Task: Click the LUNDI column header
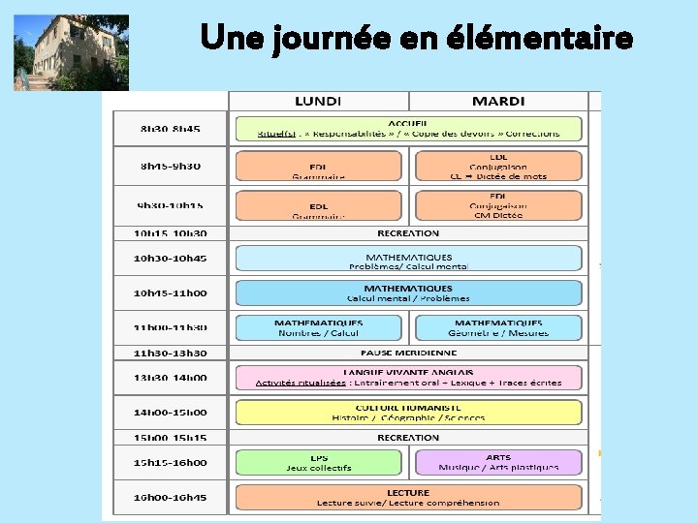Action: [x=318, y=101]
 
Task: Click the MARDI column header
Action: [x=497, y=101]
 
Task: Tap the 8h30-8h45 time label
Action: [x=171, y=128]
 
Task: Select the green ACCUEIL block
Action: [x=407, y=128]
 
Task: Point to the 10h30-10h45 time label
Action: [x=171, y=259]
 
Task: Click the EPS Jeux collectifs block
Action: [x=318, y=462]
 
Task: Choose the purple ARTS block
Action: [x=497, y=462]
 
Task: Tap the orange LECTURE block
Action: [x=407, y=497]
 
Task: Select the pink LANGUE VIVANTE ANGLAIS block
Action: [x=407, y=377]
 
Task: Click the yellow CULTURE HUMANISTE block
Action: [x=407, y=413]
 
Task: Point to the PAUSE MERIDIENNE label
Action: [x=407, y=354]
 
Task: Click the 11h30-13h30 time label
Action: [x=171, y=354]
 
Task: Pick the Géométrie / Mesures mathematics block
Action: [x=497, y=327]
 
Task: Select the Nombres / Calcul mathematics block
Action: [x=318, y=327]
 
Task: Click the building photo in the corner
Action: [x=71, y=51]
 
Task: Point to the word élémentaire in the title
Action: [x=539, y=39]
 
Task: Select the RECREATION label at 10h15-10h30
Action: [x=407, y=233]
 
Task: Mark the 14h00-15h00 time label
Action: [x=171, y=412]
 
